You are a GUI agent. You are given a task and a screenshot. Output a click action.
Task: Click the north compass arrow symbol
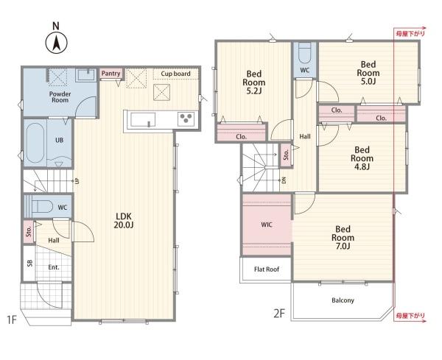click(57, 43)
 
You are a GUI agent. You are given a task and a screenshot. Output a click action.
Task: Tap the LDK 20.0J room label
click(124, 221)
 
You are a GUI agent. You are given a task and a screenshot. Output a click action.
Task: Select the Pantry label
click(110, 74)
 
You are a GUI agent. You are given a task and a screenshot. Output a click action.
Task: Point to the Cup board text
click(175, 74)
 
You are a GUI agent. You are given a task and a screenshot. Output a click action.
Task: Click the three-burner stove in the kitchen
click(186, 119)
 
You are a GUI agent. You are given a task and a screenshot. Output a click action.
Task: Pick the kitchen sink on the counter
click(143, 119)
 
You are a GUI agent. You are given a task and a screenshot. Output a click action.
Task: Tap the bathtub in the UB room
click(35, 143)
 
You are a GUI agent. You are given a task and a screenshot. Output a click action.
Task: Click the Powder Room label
click(60, 97)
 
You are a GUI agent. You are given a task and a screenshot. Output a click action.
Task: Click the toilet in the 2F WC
click(305, 53)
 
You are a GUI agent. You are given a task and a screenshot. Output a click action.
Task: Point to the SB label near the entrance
click(29, 263)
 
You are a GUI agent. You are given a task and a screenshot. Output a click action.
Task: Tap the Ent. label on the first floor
click(54, 267)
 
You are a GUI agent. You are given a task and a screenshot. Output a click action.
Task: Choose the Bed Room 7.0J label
click(343, 238)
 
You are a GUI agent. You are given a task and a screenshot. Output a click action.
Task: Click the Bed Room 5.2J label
click(254, 82)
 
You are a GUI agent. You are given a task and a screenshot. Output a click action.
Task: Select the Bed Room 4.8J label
click(362, 158)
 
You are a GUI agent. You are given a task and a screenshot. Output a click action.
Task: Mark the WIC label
click(267, 225)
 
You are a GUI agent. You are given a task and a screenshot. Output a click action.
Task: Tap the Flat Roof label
click(267, 269)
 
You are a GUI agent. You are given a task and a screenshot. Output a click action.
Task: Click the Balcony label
click(343, 300)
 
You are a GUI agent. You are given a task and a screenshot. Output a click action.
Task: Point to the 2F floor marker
click(279, 313)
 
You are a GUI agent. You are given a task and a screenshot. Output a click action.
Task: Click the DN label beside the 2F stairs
click(284, 180)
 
